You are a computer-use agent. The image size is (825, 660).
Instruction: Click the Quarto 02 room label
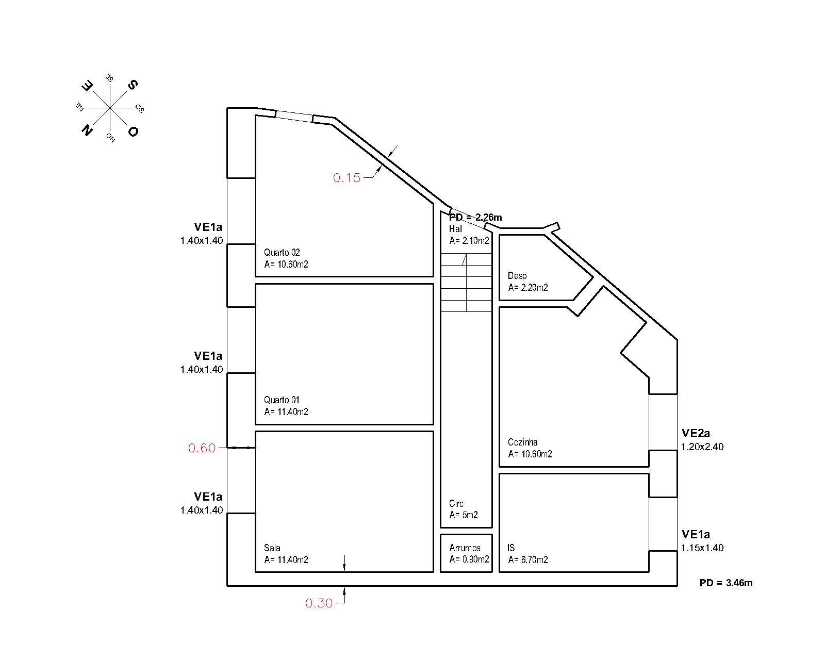(x=282, y=253)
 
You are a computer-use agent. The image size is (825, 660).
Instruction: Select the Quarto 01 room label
(x=282, y=400)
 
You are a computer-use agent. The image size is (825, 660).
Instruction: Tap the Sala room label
(x=272, y=548)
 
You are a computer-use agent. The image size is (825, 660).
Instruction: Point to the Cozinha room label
(x=522, y=442)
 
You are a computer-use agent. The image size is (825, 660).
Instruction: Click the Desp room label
(x=517, y=276)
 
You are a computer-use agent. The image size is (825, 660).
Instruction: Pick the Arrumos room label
(x=465, y=548)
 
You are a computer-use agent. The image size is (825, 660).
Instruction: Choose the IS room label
(x=511, y=548)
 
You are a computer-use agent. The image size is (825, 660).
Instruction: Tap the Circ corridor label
(x=456, y=504)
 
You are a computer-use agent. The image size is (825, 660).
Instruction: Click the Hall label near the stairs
(x=456, y=229)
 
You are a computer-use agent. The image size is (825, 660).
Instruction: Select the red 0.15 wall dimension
(x=346, y=178)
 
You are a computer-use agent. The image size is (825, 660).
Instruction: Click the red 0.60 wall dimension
(x=202, y=448)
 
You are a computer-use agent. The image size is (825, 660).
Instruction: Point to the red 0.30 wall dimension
(x=319, y=603)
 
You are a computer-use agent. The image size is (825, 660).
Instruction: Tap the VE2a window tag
(x=696, y=434)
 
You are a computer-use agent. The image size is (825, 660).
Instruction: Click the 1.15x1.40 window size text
(x=702, y=548)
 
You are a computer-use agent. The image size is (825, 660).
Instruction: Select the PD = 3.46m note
(x=725, y=583)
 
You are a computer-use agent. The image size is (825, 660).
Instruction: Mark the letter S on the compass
(x=133, y=85)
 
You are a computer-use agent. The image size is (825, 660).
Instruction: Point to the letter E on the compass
(x=88, y=86)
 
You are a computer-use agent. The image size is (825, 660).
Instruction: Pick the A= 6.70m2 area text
(x=528, y=560)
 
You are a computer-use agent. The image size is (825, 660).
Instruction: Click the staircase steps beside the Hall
(x=466, y=283)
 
